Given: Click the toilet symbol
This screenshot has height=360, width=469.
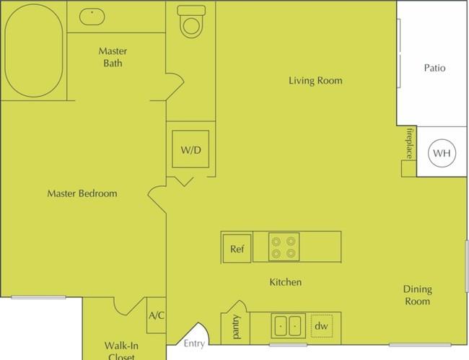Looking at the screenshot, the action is click(x=191, y=22).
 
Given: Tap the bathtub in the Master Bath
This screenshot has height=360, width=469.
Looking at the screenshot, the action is click(x=34, y=51).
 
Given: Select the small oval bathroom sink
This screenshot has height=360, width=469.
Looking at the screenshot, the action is click(x=92, y=17).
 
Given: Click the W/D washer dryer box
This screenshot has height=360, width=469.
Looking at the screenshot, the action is click(x=190, y=149).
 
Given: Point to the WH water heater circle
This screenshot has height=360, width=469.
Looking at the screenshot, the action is click(x=442, y=153).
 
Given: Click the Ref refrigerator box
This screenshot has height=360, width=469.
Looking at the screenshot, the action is click(x=237, y=249).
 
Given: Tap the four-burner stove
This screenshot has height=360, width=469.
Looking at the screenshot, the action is click(x=284, y=247).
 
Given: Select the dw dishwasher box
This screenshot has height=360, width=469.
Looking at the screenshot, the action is click(x=322, y=326).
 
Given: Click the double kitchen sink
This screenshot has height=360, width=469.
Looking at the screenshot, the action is click(x=288, y=326).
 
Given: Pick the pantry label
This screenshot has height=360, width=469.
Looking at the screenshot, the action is click(x=236, y=327).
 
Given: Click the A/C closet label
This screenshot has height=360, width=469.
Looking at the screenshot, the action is click(x=157, y=315).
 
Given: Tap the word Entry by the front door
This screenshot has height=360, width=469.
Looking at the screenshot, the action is click(x=194, y=343).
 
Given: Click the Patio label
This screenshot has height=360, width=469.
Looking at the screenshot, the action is click(x=434, y=68).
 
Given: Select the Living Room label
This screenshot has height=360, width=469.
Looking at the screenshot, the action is click(x=315, y=80).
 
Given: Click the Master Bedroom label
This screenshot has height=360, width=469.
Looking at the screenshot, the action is click(x=82, y=193).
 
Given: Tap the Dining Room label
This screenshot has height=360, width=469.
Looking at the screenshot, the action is click(x=418, y=295).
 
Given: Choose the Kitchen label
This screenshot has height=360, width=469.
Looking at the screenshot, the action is click(x=285, y=282).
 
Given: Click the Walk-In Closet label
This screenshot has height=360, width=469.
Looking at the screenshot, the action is click(x=121, y=351).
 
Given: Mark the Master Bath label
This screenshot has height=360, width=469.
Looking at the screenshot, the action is click(x=113, y=57).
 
